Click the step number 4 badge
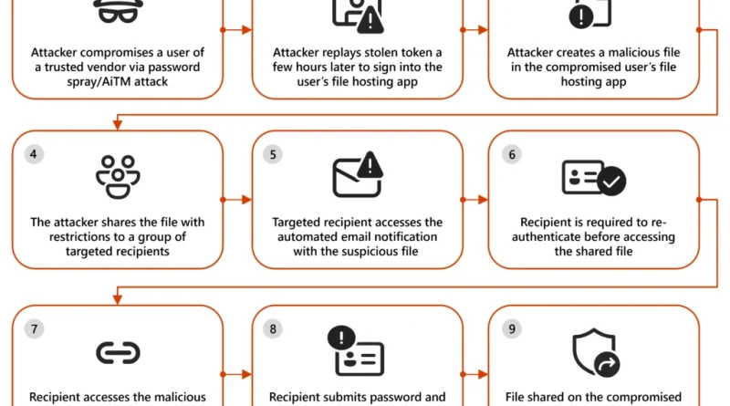(x=34, y=154)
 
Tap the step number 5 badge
(x=273, y=154)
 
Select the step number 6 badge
(x=512, y=154)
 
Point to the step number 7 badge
(x=34, y=328)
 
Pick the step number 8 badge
(x=273, y=328)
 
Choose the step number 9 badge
(x=512, y=328)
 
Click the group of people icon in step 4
(x=118, y=177)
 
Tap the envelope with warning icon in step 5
(x=358, y=174)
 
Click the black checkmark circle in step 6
(x=611, y=182)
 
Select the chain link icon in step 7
(x=118, y=353)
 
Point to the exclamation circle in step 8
(x=341, y=338)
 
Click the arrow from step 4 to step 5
(x=236, y=200)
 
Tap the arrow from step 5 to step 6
(x=474, y=200)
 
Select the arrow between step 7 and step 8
(x=236, y=374)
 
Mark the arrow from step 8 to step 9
(x=474, y=374)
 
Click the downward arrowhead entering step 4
(x=118, y=124)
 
